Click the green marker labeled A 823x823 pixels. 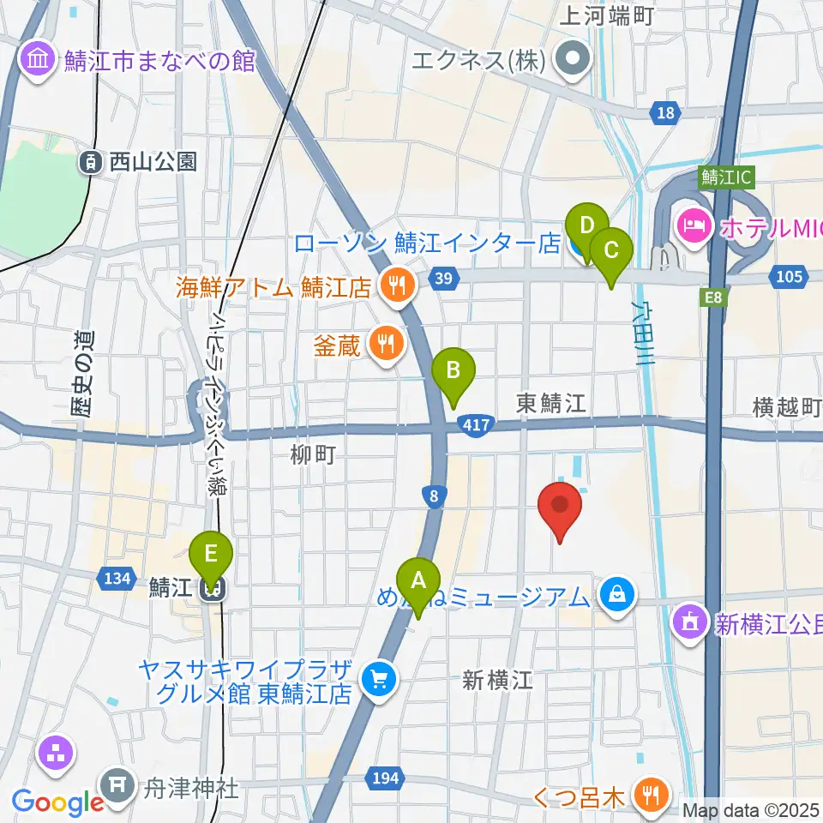coord(418,581)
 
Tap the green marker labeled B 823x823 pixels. coord(454,370)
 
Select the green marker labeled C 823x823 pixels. coord(611,251)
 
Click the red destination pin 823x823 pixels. coord(560,506)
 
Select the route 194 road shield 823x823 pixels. coord(384,778)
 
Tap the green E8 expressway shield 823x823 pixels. coord(714,297)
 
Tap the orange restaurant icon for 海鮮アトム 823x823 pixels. coord(396,286)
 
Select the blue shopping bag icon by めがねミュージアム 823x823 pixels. coord(616,593)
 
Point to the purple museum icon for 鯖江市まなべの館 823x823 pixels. coord(39,60)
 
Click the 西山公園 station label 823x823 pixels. coord(141,160)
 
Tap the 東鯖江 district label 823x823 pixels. coord(550,404)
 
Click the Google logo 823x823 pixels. coord(57,802)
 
